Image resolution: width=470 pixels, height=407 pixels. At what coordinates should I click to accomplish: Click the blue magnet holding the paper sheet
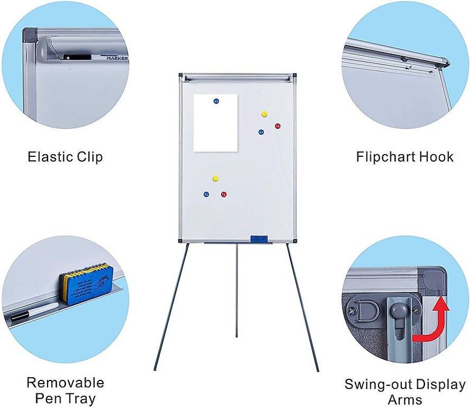point(216,101)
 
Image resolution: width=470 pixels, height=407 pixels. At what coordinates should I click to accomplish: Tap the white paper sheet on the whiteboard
point(216,128)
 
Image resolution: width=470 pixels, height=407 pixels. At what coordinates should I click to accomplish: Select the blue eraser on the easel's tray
point(259,239)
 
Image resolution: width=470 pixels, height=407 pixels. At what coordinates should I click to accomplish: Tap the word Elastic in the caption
point(51,157)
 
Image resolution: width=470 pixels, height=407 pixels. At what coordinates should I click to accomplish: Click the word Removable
point(66,383)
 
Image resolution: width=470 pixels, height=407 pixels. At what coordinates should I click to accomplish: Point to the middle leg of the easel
point(236,293)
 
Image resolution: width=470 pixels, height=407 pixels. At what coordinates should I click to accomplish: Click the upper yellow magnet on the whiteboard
point(264,114)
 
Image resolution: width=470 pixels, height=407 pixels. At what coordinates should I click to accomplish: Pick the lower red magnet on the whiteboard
point(224,194)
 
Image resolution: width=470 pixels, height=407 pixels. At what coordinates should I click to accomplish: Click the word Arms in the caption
point(405,400)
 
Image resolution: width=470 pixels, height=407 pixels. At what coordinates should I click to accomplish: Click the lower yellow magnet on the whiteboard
point(216,178)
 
